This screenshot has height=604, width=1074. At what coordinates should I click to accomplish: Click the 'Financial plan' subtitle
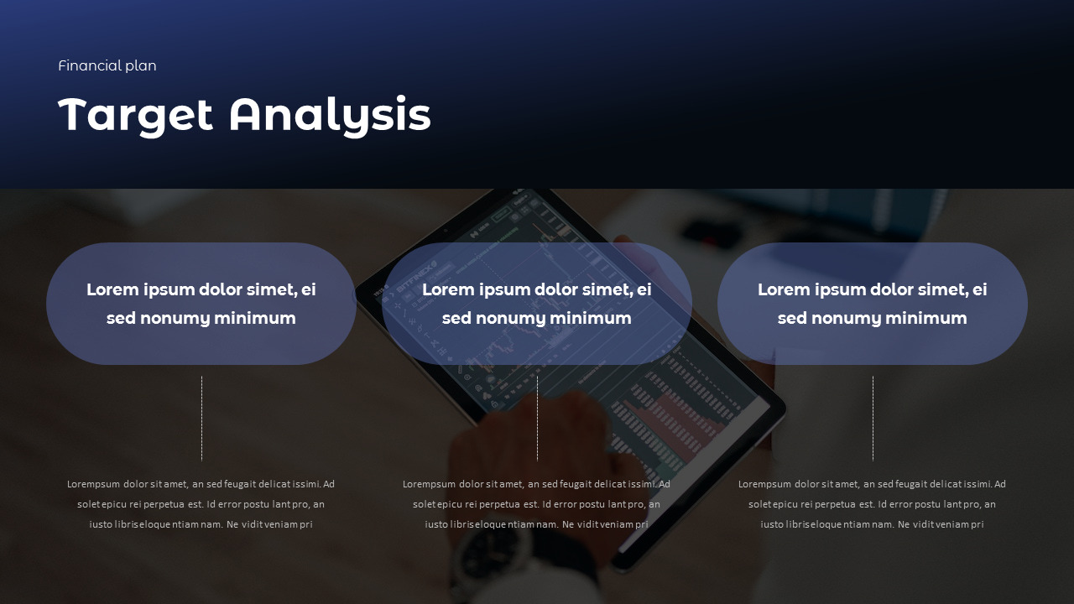coord(107,65)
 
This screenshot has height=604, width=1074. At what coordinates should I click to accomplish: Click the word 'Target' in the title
coord(135,115)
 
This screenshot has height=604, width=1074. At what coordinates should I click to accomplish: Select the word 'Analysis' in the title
coord(330,115)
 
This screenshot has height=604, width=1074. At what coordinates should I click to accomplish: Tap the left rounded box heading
coord(201,304)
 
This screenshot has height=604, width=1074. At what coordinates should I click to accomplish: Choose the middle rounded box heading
coord(537,304)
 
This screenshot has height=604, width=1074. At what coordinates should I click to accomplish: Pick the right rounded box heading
coord(873,304)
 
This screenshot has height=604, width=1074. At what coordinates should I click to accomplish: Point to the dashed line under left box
coord(201,418)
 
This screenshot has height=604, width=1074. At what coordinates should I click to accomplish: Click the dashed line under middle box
coord(537,418)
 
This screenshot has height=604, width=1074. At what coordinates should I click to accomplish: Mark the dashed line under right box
coord(873,418)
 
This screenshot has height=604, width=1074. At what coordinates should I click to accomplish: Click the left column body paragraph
coord(201,504)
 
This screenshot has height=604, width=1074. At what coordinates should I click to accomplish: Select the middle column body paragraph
coord(537,504)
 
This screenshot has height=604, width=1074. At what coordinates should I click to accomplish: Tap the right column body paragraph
coord(873,504)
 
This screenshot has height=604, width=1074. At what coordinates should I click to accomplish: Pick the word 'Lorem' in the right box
coord(784,290)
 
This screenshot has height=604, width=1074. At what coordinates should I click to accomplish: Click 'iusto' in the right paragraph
coord(772,524)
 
